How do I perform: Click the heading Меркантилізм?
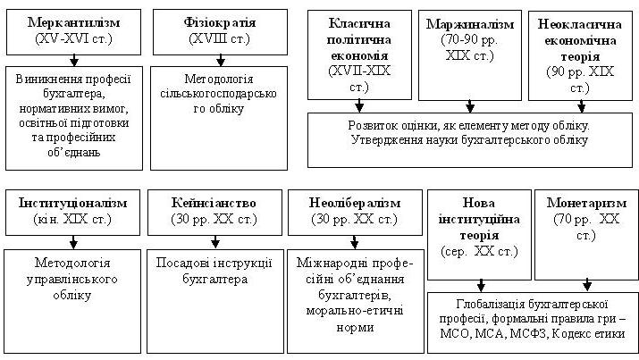coord(74,22)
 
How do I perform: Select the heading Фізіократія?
coord(220,22)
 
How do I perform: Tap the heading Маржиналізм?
coord(470,24)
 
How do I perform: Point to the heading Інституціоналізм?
coord(73,203)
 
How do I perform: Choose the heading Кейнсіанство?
coord(214,203)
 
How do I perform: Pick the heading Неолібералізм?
coord(355,203)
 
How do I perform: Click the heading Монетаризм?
coord(586,203)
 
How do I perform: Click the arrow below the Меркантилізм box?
coord(74,60)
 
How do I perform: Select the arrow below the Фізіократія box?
coord(221,60)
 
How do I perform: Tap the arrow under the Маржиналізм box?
coord(470,106)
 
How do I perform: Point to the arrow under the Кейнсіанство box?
coord(215,242)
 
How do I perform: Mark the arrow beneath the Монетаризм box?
coord(587,286)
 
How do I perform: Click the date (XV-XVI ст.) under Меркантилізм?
coord(74,38)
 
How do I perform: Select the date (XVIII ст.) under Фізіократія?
coord(220,38)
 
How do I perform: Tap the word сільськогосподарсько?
coord(219,94)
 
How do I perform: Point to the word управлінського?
coord(72,280)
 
